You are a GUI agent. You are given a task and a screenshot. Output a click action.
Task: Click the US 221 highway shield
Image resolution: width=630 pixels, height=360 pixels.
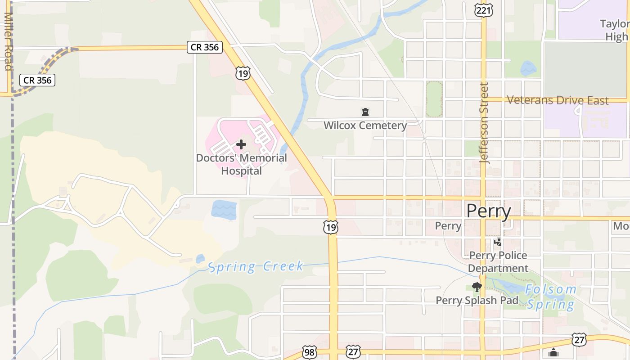coord(483,10)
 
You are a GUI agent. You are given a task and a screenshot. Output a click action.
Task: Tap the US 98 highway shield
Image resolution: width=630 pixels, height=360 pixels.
coord(309,352)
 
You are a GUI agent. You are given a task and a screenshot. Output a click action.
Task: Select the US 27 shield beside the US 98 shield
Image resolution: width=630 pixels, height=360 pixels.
coord(353,351)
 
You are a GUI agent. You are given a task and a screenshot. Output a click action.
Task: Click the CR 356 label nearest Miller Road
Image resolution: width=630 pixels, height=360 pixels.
coord(38,80)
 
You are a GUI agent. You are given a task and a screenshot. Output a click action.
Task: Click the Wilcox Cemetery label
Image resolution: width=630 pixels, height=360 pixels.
coord(365,126)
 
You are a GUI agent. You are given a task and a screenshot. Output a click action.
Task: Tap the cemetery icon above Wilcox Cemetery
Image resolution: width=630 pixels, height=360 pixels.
coord(365,112)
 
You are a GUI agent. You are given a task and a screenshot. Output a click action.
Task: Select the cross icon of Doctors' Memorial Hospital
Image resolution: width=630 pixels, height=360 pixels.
coord(241,144)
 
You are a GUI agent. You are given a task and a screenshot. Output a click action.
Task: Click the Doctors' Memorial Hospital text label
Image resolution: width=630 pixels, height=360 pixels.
coord(241,164)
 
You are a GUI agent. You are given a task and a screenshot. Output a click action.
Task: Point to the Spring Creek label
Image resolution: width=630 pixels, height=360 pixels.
coord(256,266)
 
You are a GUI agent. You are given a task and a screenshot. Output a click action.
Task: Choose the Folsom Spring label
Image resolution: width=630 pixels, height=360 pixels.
coord(551,297)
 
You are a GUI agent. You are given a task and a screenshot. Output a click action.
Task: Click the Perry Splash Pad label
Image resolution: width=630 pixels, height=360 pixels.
coord(477,300)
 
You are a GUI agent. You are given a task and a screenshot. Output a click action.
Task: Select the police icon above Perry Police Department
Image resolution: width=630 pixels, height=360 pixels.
coord(498,242)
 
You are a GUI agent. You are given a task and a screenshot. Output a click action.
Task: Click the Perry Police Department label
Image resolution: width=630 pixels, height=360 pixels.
coord(498,262)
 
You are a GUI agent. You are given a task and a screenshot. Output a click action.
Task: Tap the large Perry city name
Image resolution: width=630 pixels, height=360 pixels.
coord(489,211)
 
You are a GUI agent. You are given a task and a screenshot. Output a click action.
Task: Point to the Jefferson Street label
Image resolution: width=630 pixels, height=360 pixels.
coord(484,122)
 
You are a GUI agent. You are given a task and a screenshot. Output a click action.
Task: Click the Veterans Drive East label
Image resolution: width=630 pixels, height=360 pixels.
coord(558,100)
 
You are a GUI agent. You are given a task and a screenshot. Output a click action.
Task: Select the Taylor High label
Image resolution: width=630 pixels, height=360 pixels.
coord(615,30)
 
